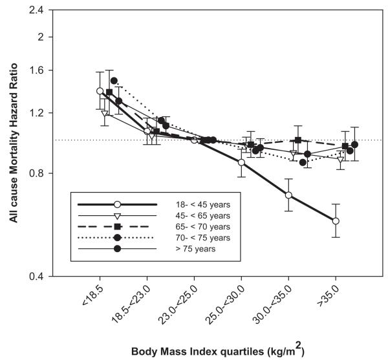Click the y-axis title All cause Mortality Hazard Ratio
(14, 143)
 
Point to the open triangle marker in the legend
(117, 215)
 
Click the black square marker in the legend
(117, 226)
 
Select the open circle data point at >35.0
(335, 221)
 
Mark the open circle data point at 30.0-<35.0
(288, 195)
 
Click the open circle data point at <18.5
(100, 91)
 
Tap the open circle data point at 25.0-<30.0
(241, 162)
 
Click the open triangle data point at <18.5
(105, 114)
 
